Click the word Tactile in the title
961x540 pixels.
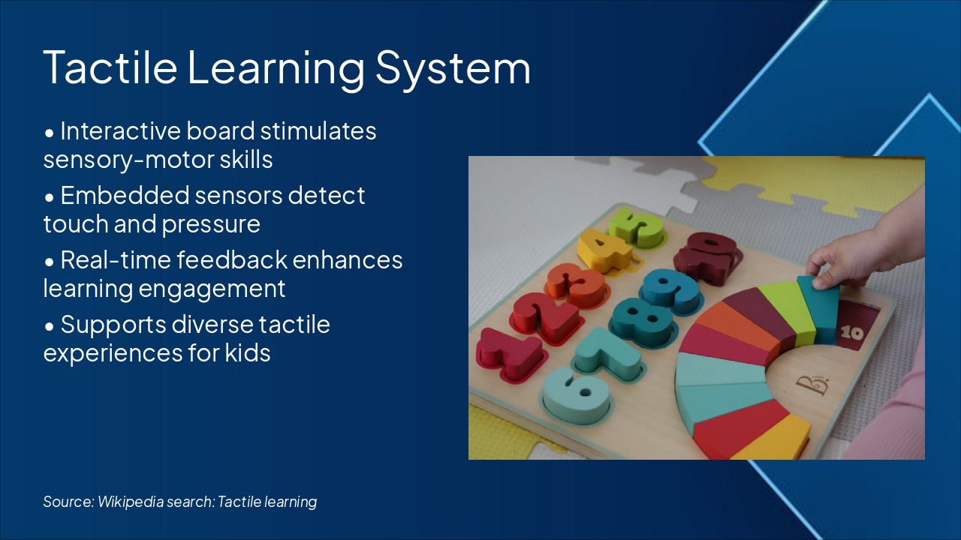click(110, 67)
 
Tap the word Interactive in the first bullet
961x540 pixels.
click(121, 130)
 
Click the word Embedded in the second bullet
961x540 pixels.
click(125, 196)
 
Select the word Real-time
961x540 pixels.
click(116, 259)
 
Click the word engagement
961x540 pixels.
click(212, 289)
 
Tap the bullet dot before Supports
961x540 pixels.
click(50, 327)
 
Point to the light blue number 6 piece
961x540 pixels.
click(576, 394)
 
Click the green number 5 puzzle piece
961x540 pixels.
click(637, 228)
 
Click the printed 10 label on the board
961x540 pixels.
click(851, 333)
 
